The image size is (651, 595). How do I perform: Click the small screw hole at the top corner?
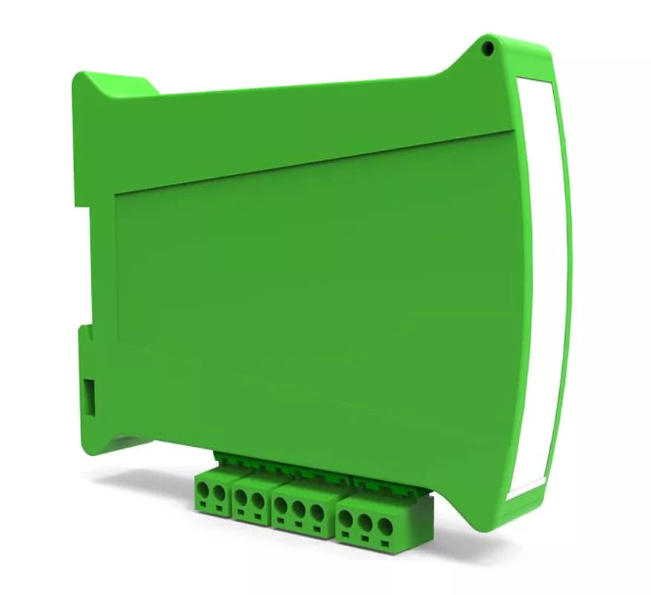(487, 49)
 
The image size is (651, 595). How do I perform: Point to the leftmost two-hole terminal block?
(212, 496)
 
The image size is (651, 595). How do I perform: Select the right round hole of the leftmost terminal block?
(219, 493)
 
